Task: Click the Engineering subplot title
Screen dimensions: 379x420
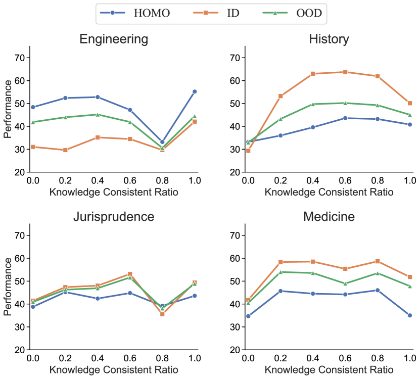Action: click(x=114, y=39)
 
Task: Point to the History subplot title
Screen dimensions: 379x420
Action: click(x=329, y=39)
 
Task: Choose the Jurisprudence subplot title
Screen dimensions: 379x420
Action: click(x=114, y=217)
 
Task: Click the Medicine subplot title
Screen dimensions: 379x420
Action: click(x=329, y=217)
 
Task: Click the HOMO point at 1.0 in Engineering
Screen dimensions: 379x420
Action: click(x=194, y=91)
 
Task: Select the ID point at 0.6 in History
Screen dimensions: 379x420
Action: click(x=345, y=72)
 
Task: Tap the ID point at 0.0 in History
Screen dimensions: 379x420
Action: click(x=248, y=151)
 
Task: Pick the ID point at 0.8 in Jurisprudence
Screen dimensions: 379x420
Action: click(x=162, y=314)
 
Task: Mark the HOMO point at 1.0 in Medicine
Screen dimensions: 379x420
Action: click(x=410, y=315)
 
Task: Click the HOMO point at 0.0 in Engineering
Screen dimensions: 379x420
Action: click(x=33, y=107)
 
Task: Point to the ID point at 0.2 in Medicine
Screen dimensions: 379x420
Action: click(x=281, y=262)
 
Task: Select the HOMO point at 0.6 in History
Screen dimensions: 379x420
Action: click(x=345, y=118)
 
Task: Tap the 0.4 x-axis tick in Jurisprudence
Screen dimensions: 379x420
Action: click(x=98, y=358)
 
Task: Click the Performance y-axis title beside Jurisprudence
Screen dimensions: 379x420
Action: click(x=8, y=287)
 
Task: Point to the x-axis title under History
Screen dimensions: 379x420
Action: click(x=329, y=192)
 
